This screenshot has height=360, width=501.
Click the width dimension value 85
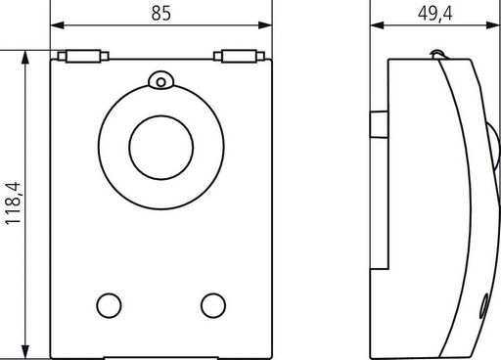tap(160, 13)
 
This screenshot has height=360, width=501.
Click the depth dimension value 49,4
tap(435, 14)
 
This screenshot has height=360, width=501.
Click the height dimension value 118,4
tap(13, 203)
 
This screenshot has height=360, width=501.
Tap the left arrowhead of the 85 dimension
tap(58, 25)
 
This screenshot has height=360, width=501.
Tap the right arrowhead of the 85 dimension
tap(265, 25)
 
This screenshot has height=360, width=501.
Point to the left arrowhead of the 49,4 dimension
tap(377, 25)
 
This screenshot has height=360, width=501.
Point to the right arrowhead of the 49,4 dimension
tap(493, 25)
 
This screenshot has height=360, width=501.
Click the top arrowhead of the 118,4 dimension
tap(25, 57)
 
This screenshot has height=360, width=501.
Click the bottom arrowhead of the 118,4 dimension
tap(25, 352)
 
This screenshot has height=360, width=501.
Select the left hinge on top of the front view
tap(83, 56)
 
